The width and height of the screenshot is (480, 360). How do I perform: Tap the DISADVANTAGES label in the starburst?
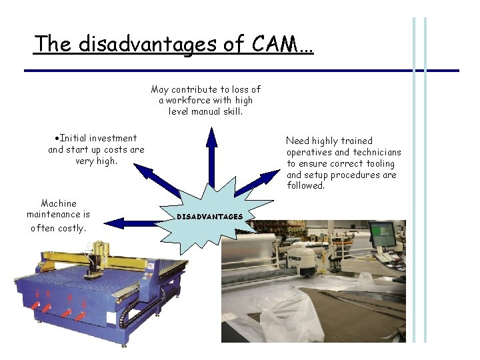point(209,217)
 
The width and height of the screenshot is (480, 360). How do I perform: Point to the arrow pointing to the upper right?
point(257,182)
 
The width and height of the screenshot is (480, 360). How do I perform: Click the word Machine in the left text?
point(59,203)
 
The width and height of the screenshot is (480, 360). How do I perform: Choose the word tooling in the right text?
point(380,163)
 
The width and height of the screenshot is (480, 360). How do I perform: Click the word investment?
point(113,138)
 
